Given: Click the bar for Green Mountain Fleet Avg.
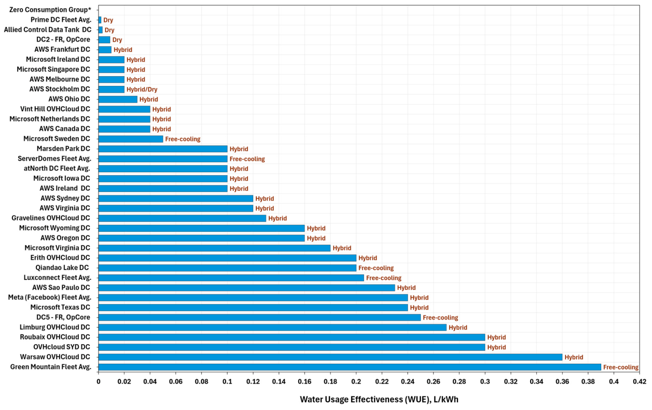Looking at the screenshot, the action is tap(350, 367).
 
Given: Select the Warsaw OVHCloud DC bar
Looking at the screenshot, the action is tap(330, 357).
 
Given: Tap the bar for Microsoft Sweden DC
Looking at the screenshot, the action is tap(131, 139).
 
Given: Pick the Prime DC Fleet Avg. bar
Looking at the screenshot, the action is tap(100, 20).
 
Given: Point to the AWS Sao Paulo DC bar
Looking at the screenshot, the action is tap(246, 288).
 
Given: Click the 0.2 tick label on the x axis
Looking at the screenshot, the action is tap(356, 381).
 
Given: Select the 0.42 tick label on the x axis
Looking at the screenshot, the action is tap(640, 381).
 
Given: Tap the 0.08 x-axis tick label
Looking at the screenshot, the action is tap(201, 381).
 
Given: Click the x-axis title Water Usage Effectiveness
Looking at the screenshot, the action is tap(379, 400).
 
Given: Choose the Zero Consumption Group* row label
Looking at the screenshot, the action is tap(50, 10).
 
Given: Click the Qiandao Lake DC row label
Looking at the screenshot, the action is tap(62, 267).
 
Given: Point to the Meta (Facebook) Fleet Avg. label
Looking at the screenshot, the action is tap(49, 298).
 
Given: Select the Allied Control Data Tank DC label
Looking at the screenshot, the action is tap(47, 30).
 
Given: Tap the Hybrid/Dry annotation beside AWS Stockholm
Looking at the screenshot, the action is tap(142, 89).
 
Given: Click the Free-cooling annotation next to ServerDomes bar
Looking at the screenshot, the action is tap(247, 159).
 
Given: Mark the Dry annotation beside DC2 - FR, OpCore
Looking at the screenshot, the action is tap(117, 40).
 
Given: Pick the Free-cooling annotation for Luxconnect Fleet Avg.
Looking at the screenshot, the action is tap(384, 278).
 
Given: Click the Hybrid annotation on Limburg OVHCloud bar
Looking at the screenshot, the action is tap(458, 328).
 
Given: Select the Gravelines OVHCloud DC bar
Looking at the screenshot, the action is tap(182, 218).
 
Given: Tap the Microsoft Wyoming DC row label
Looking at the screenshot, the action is tap(54, 228).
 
